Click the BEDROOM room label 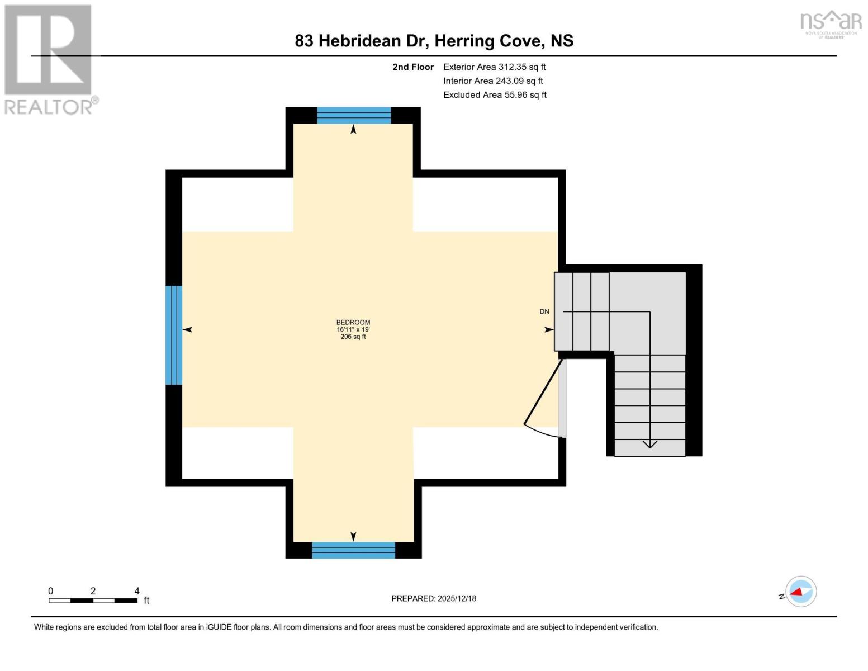[353, 322]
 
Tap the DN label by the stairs [544, 311]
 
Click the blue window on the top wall [354, 116]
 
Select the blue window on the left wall [174, 335]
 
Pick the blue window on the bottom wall [353, 550]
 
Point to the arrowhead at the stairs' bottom [650, 444]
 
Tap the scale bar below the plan [93, 601]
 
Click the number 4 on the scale [137, 591]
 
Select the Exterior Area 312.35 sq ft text [495, 67]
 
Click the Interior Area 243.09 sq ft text [493, 81]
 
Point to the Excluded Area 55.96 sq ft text [495, 95]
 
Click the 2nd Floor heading [413, 67]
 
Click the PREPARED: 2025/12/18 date [434, 599]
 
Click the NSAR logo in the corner [831, 24]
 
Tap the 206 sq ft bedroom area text [353, 337]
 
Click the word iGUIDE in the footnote [219, 627]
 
